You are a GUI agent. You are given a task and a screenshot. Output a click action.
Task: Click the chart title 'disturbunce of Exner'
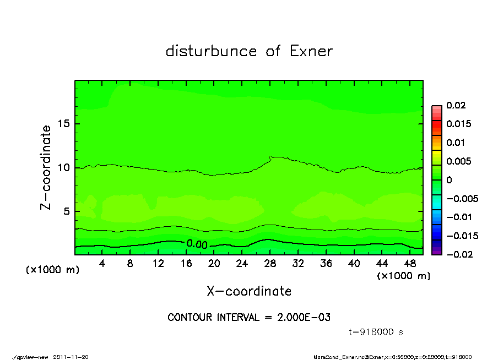(x=249, y=51)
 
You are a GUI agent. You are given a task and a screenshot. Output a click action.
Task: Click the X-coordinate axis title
(x=249, y=291)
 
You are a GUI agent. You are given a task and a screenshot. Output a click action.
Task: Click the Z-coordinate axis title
(x=46, y=167)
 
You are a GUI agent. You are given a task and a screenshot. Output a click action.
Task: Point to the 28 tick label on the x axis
(x=270, y=264)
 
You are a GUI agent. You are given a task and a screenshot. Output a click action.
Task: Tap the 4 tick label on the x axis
(x=102, y=264)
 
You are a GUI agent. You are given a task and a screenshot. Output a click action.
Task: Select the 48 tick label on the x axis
(x=410, y=264)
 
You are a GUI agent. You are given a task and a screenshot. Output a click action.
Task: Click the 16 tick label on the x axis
(x=186, y=264)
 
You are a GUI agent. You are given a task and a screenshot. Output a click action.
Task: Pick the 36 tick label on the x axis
(x=326, y=264)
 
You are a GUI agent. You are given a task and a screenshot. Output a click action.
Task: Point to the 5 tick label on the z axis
(x=66, y=211)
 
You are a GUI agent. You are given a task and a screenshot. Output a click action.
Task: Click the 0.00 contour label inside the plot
(x=196, y=244)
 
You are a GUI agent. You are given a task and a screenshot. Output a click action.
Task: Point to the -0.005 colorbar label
(x=461, y=198)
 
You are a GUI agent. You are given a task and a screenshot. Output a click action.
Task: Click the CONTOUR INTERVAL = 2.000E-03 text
(x=249, y=318)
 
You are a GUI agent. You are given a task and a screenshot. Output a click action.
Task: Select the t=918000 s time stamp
(x=377, y=332)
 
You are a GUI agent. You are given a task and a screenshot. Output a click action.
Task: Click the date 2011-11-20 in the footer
(x=71, y=357)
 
